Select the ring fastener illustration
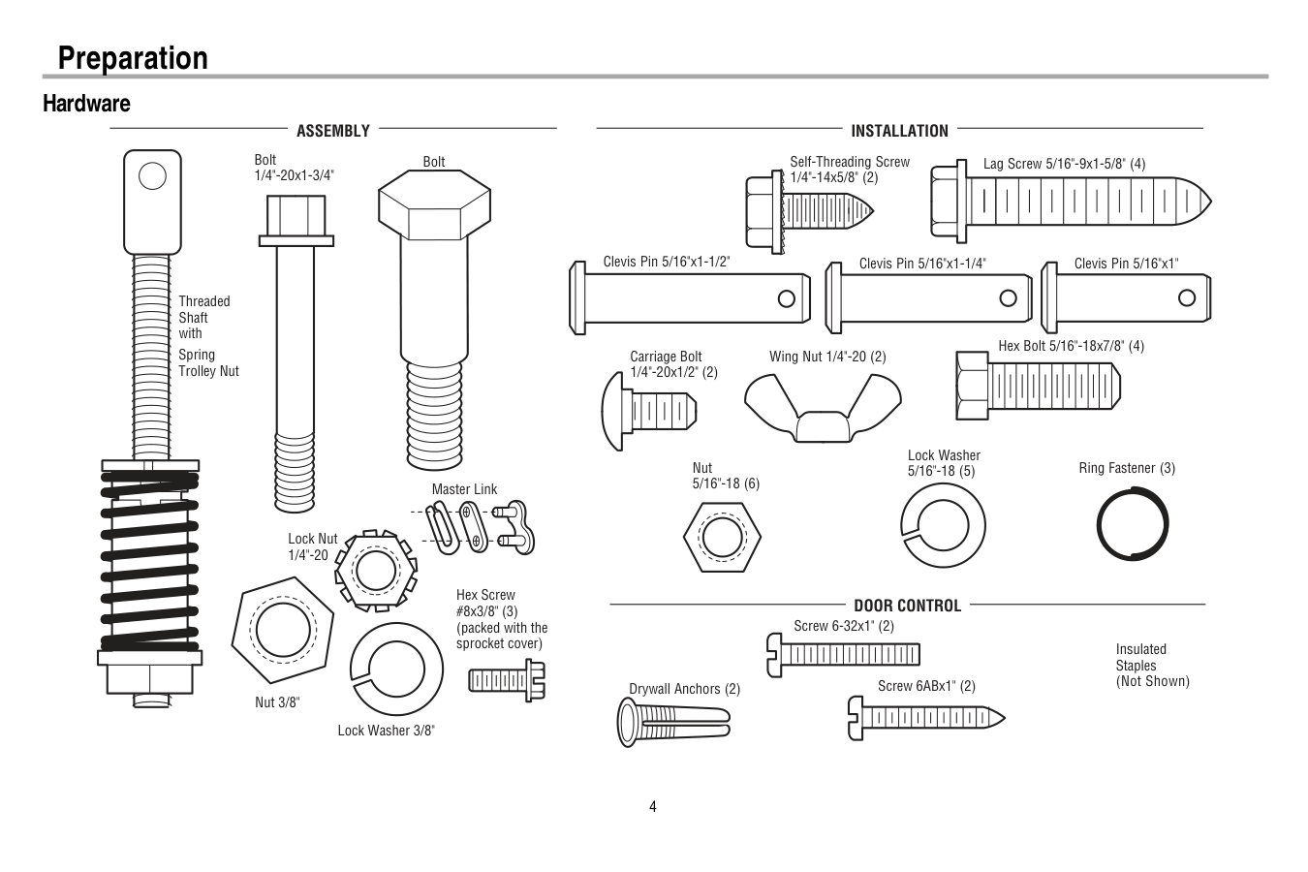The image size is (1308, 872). (1133, 523)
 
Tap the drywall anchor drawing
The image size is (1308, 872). (671, 722)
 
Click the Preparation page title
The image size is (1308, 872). (133, 58)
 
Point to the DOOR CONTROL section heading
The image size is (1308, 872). (907, 606)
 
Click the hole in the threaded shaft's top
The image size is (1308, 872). (152, 175)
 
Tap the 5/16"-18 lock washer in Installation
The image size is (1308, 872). (943, 526)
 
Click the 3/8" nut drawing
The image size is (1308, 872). (282, 629)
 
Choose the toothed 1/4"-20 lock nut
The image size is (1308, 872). (375, 568)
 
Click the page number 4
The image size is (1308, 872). (653, 807)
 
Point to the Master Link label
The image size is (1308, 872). (464, 489)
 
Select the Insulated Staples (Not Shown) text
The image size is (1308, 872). (1152, 666)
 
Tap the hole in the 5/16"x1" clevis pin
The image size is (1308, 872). (1187, 297)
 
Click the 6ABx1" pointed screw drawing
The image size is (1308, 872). (926, 718)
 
